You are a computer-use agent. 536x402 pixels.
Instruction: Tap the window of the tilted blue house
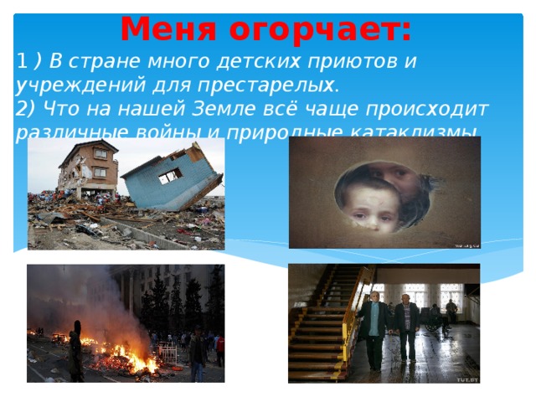click(x=171, y=175)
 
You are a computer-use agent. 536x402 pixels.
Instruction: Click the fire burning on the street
click(x=126, y=356)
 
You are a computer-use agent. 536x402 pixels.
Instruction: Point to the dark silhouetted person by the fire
click(x=75, y=352)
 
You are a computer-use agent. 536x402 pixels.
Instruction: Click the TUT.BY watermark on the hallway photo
click(x=466, y=379)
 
